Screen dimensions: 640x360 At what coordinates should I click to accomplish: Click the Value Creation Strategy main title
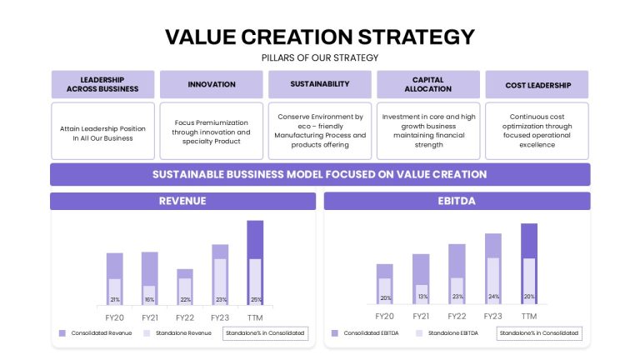[320, 37]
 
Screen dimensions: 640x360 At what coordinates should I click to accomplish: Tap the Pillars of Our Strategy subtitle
[320, 58]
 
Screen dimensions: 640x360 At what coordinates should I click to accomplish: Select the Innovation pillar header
[212, 84]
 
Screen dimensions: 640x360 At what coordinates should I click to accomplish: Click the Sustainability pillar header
[320, 84]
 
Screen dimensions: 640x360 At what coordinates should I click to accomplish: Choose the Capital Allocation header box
[428, 84]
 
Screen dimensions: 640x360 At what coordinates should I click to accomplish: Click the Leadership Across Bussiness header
[102, 84]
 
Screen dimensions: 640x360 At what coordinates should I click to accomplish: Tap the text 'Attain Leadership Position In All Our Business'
[102, 133]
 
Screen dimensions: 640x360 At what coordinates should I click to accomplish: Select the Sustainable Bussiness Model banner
[320, 174]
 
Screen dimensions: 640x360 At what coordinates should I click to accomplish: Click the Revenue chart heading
[182, 201]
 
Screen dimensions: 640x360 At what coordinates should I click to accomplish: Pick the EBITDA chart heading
[457, 201]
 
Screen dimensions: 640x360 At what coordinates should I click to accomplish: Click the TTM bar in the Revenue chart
[255, 262]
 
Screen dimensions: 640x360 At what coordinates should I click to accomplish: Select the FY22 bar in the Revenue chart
[185, 287]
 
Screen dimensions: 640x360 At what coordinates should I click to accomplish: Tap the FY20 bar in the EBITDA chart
[384, 284]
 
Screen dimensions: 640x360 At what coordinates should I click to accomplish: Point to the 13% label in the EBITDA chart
[422, 297]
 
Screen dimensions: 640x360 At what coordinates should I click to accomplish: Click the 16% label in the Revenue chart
[149, 300]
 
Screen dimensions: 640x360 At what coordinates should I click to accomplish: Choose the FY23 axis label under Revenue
[220, 317]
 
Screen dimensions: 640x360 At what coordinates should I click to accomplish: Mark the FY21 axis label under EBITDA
[421, 317]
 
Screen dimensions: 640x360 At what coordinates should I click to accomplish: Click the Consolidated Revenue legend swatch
[62, 333]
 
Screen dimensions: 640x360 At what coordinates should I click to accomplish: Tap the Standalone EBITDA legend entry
[447, 333]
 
